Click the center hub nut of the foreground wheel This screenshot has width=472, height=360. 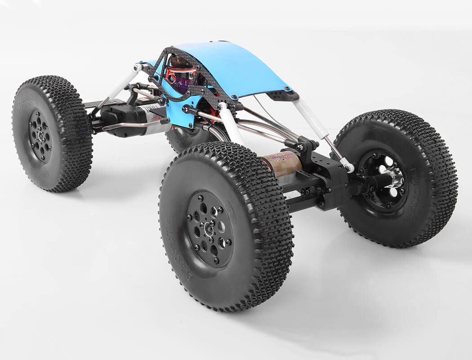(x=209, y=229)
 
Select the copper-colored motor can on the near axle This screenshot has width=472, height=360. (x=282, y=165)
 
